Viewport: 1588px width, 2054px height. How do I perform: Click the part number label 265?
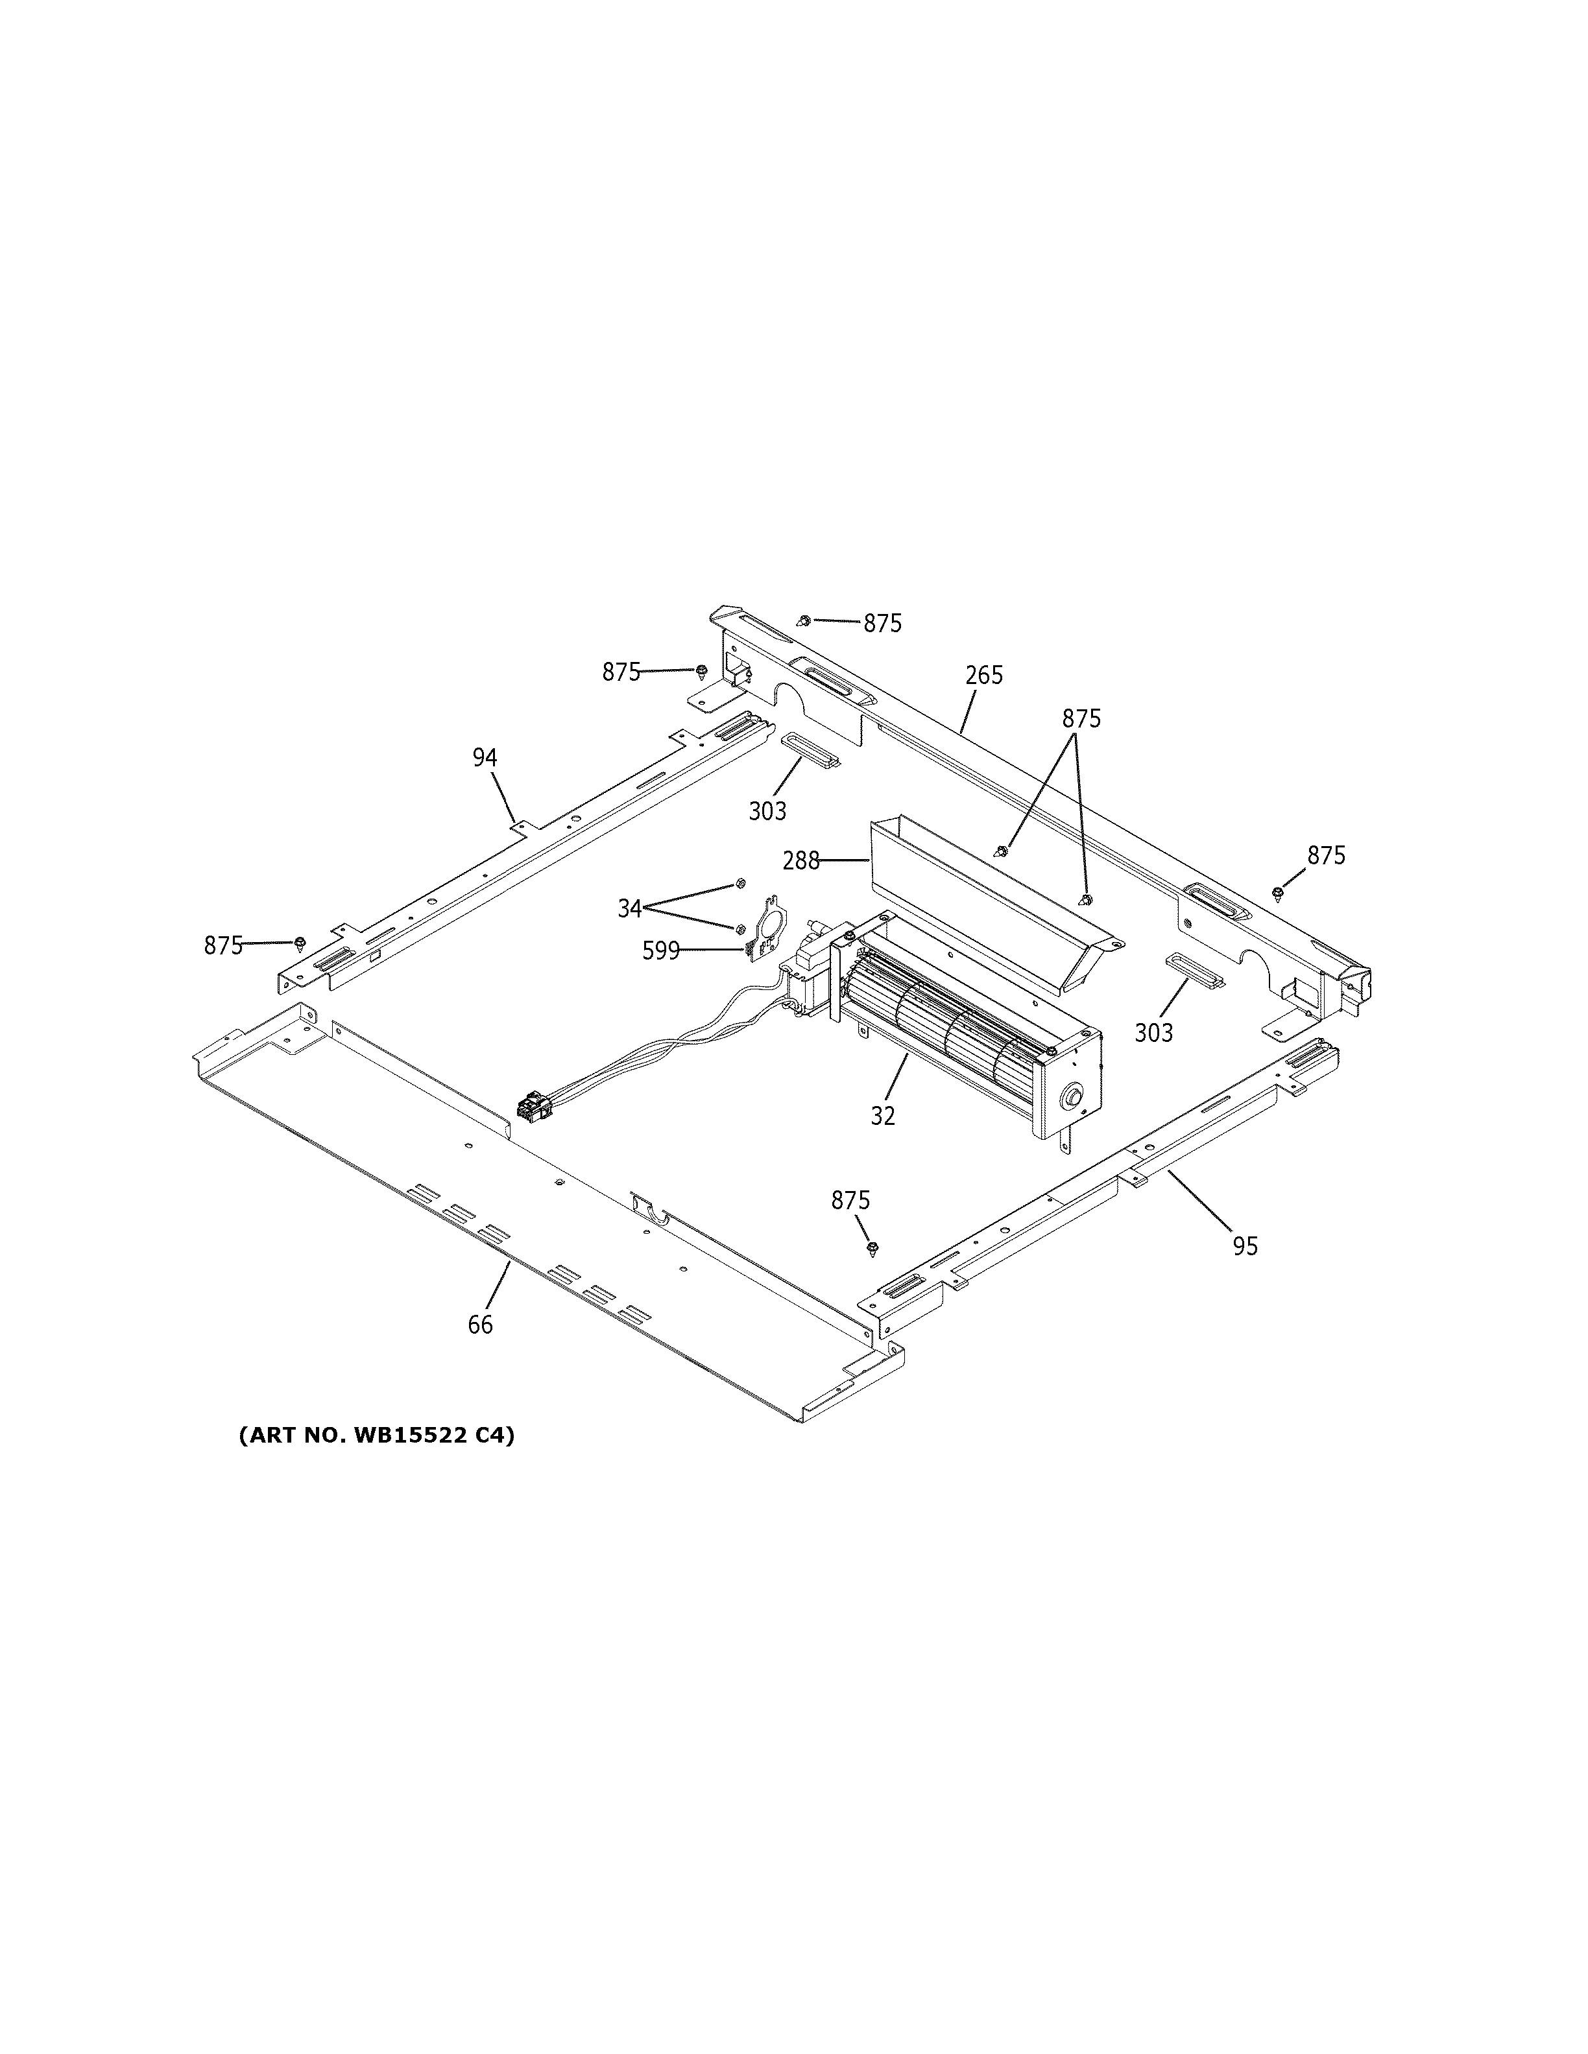coord(984,675)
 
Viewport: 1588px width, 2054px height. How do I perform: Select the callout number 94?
coord(485,757)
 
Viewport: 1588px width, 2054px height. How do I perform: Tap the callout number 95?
coord(1245,1246)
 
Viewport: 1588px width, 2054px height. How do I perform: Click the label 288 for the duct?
coord(800,860)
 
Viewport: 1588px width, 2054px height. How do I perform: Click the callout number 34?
coord(629,908)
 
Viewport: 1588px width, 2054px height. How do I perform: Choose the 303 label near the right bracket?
coord(1153,1033)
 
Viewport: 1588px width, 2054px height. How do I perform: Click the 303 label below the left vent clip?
coord(767,810)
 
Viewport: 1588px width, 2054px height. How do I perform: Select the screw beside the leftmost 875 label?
coord(300,941)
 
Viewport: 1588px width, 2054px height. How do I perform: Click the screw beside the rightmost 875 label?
coord(1277,893)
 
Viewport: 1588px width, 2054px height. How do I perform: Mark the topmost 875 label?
coord(882,624)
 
